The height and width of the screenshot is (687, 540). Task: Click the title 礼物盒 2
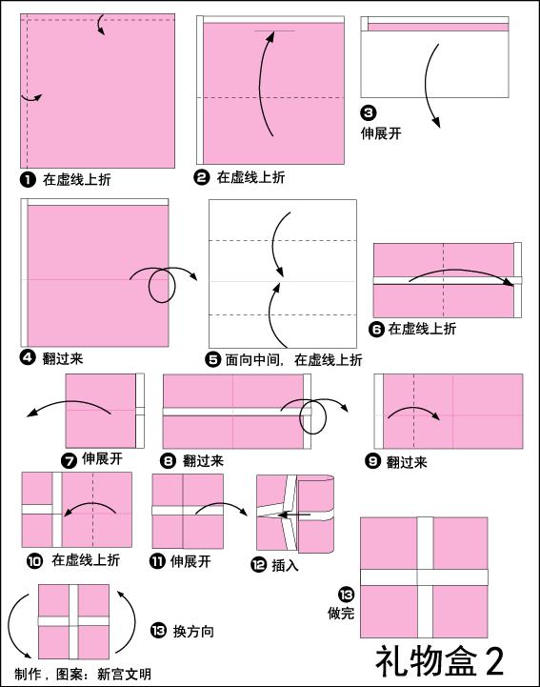tap(440, 661)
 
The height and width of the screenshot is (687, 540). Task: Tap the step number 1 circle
tap(28, 180)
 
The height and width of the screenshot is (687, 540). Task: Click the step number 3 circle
tap(369, 113)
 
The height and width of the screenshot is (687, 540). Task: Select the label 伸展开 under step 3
tap(381, 133)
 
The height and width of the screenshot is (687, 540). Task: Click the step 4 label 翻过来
tap(63, 359)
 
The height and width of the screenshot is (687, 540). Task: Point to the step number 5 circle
tap(212, 360)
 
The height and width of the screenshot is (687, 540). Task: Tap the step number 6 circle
tap(376, 329)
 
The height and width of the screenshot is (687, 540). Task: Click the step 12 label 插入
tap(285, 565)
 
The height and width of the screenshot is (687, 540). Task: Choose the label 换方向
tap(193, 632)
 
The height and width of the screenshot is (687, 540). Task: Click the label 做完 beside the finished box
tap(341, 613)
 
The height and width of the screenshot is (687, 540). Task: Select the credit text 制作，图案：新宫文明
tap(83, 674)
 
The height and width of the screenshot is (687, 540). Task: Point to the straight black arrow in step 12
tap(294, 515)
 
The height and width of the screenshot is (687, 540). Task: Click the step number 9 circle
tap(372, 461)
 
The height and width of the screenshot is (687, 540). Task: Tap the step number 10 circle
tap(34, 561)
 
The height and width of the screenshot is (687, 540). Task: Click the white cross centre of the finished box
tap(425, 577)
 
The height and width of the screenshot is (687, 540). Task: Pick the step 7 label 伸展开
tap(102, 458)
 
